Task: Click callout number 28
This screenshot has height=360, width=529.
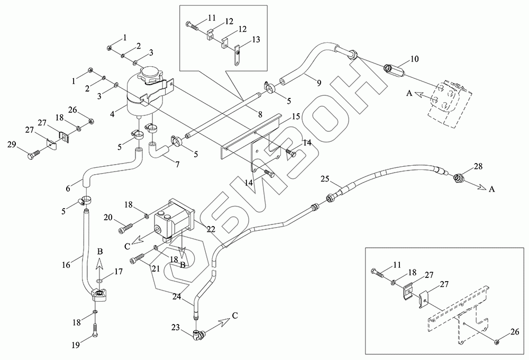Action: click(478, 167)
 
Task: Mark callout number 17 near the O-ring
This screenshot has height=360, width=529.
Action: click(118, 271)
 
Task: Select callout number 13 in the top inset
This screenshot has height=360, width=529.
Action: click(256, 39)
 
